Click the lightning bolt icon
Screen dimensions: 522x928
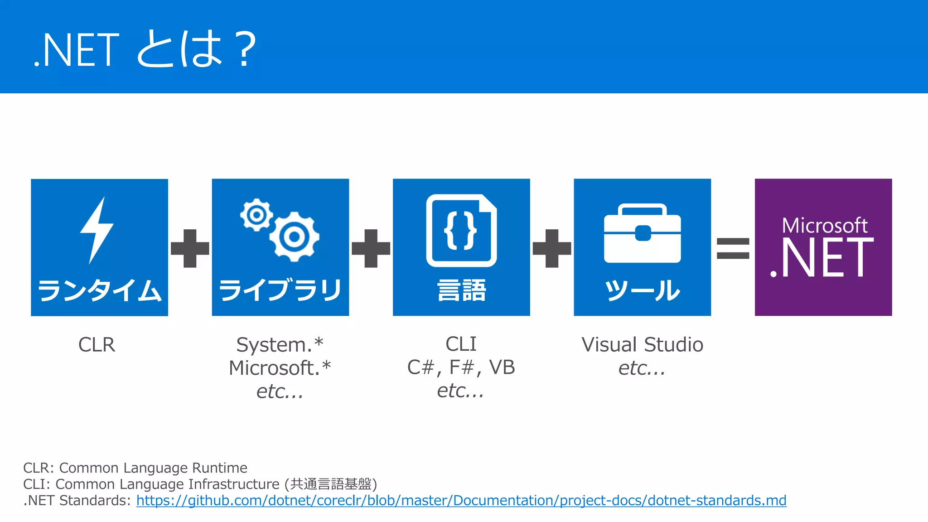(x=97, y=230)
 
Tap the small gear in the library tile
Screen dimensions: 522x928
(x=256, y=215)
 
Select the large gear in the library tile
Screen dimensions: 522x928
(x=295, y=237)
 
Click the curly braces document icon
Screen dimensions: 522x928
(x=461, y=230)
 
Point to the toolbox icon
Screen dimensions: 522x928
(x=642, y=233)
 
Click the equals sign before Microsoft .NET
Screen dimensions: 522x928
(x=733, y=248)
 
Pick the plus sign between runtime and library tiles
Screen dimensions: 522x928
(x=190, y=248)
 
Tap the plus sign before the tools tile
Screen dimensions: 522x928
(x=552, y=248)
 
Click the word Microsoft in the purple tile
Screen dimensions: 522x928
(x=824, y=225)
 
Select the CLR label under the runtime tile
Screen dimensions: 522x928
(x=97, y=345)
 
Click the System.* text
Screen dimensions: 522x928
(x=280, y=345)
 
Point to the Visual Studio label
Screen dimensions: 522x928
(x=642, y=345)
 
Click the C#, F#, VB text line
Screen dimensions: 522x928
(x=461, y=367)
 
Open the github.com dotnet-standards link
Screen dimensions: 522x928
(x=461, y=501)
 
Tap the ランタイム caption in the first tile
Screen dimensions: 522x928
(x=99, y=290)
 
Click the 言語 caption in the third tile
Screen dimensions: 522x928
(x=461, y=290)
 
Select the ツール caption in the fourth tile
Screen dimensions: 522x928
(x=642, y=290)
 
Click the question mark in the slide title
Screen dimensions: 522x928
(x=245, y=49)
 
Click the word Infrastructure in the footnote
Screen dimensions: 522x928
(x=234, y=484)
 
